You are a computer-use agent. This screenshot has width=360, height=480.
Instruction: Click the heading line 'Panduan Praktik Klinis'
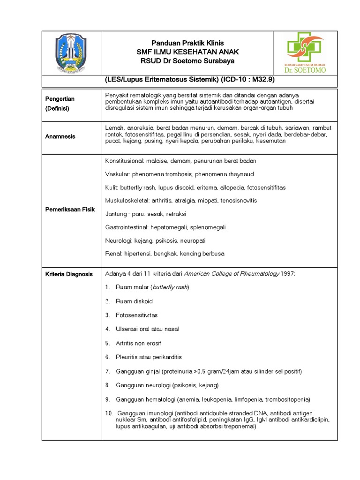(x=187, y=43)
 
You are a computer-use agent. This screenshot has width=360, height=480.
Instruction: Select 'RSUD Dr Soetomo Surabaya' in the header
(x=187, y=61)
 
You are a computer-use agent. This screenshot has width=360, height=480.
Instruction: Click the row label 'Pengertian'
(x=60, y=99)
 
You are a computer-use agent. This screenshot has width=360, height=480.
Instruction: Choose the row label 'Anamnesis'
(x=60, y=136)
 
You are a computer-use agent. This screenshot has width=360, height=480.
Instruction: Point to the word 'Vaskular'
(x=117, y=174)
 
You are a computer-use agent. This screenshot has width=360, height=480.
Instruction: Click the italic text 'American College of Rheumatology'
(x=232, y=274)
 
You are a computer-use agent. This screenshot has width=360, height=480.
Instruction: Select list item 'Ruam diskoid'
(x=134, y=301)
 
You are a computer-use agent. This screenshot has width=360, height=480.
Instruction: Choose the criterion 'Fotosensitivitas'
(x=137, y=315)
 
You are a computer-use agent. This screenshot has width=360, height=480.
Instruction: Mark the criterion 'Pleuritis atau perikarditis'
(x=148, y=357)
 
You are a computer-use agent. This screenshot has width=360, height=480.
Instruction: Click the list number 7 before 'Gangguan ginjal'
(x=107, y=371)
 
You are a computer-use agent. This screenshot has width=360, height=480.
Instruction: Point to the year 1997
(x=288, y=274)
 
